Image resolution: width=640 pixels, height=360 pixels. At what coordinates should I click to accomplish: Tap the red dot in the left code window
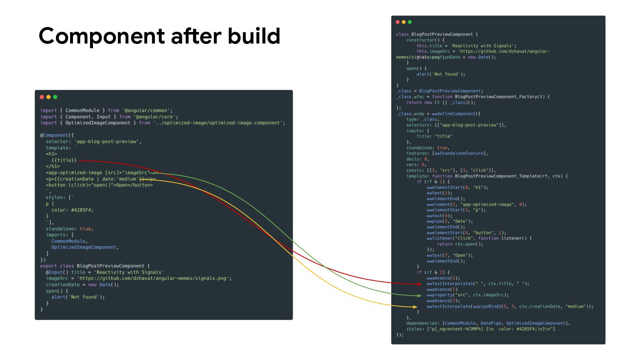[42, 97]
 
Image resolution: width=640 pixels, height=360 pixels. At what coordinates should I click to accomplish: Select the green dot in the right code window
[410, 22]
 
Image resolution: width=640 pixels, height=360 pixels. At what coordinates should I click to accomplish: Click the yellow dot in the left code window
[48, 97]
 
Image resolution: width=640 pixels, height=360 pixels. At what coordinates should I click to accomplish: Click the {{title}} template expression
[64, 160]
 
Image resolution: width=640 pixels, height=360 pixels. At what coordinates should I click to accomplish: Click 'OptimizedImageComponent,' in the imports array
[85, 247]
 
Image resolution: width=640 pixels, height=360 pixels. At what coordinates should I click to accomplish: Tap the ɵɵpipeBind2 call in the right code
[492, 307]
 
